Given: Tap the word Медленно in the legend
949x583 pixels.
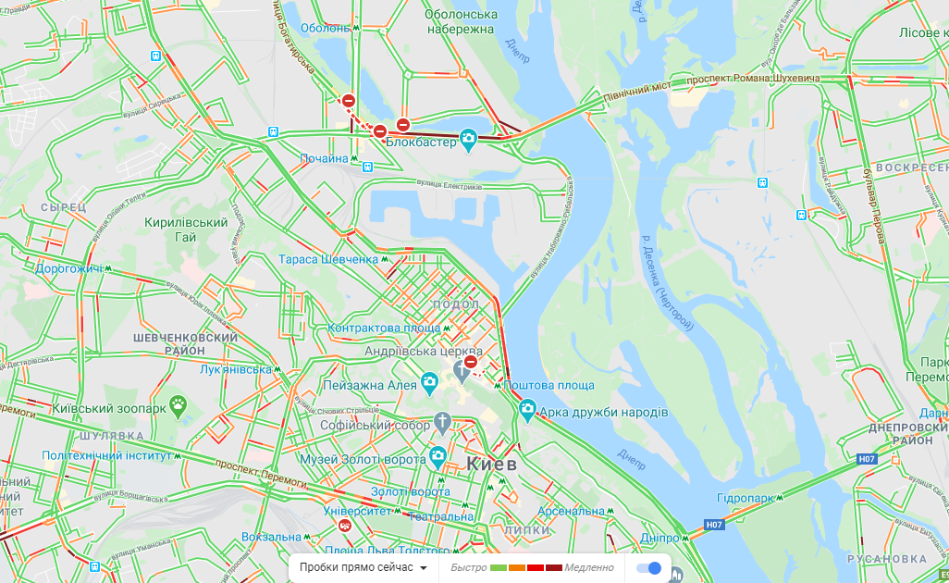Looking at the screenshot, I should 589,567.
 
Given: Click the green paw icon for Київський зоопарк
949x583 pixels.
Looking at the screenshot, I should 178,403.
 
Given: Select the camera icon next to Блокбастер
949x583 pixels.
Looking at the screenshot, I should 469,140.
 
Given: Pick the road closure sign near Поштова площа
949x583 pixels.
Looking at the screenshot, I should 471,362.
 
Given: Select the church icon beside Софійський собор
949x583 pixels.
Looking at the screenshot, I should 443,425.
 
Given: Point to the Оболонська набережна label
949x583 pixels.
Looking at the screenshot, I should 461,21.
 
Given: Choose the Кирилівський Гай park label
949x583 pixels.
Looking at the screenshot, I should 186,229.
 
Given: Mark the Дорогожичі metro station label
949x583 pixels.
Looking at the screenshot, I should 68,269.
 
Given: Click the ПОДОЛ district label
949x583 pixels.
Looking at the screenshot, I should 456,305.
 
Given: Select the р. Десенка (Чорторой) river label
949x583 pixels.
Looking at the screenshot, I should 666,283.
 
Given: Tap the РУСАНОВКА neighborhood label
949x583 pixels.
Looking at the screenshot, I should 886,559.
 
